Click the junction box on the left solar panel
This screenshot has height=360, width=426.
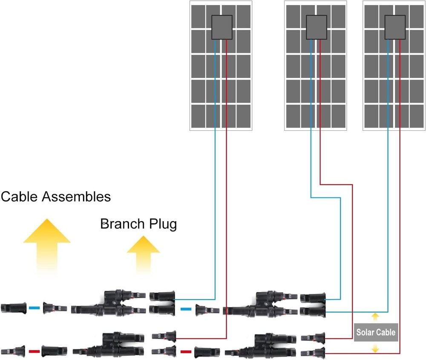[222, 27]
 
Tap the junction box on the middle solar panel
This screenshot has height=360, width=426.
[317, 27]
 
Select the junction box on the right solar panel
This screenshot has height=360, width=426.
[395, 27]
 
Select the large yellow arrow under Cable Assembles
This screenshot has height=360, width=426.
[46, 245]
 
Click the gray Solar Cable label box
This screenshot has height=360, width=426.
[376, 332]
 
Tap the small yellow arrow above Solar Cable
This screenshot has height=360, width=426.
[375, 317]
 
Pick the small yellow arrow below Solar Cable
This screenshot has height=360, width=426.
[375, 348]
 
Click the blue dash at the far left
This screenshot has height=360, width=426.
[35, 307]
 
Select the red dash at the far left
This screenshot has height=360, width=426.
[34, 352]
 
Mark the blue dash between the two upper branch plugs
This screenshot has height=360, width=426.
[186, 309]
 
